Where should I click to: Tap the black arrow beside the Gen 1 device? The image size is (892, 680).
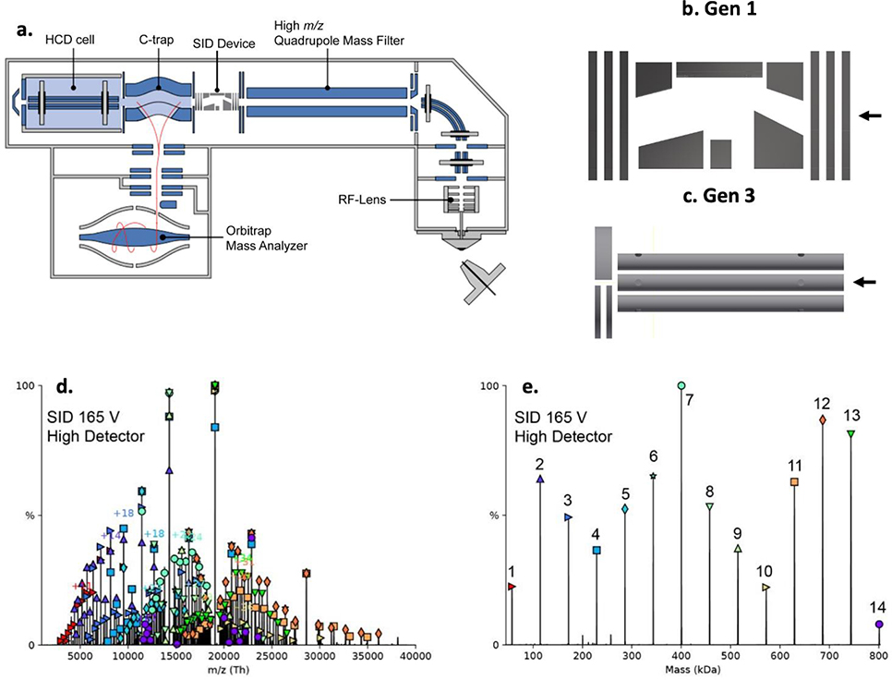(x=869, y=115)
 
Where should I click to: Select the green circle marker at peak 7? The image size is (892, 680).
(x=681, y=385)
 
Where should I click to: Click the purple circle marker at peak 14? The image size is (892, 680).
(x=879, y=625)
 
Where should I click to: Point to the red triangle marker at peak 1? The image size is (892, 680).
(x=512, y=586)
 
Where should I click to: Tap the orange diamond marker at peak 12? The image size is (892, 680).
(x=822, y=419)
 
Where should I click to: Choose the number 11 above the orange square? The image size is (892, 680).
(x=795, y=464)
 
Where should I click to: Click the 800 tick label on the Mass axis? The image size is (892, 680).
(x=878, y=657)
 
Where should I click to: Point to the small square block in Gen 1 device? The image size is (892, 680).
(x=721, y=158)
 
